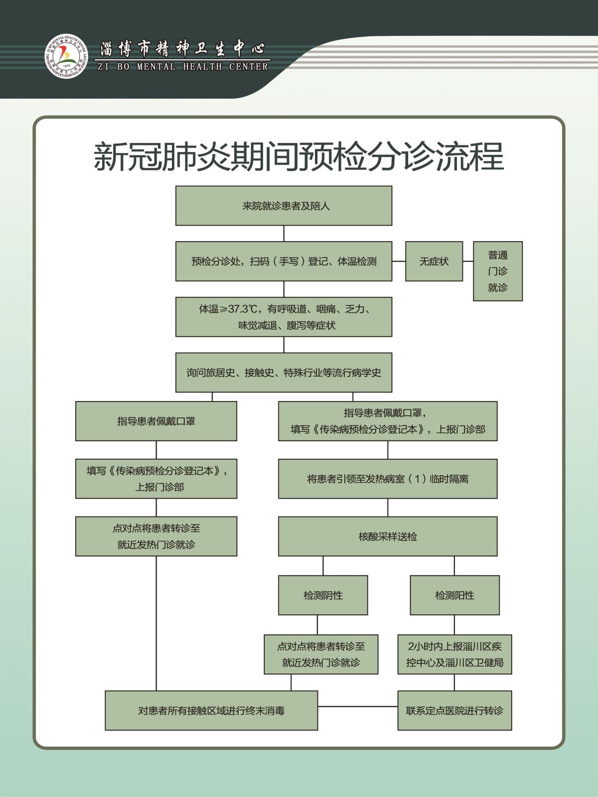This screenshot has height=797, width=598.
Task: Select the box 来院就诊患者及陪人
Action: [284, 206]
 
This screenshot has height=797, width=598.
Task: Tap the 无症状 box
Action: [434, 262]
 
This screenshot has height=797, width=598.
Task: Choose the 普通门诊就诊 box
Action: [497, 271]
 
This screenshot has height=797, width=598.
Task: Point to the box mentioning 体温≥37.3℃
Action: [284, 317]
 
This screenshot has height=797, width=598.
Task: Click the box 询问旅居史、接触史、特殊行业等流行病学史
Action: [284, 373]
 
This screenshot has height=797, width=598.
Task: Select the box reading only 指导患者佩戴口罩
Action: [156, 421]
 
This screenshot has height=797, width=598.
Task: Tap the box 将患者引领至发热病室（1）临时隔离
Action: [387, 479]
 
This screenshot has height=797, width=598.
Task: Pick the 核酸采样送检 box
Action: [387, 536]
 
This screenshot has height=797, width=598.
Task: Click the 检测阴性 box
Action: [323, 595]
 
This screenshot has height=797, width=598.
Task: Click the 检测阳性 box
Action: [454, 595]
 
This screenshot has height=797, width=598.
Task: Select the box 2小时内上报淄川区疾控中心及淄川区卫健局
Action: [454, 655]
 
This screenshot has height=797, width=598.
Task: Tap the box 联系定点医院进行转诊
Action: [454, 710]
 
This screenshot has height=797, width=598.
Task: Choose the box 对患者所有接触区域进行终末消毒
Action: [211, 710]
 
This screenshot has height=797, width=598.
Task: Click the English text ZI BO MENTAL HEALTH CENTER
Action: [182, 67]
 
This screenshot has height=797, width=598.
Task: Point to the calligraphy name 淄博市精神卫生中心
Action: [182, 49]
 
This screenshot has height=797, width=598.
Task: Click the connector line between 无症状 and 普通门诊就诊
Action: [468, 261]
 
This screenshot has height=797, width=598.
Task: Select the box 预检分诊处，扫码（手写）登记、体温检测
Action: [284, 262]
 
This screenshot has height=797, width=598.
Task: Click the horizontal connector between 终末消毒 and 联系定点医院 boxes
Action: [357, 706]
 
